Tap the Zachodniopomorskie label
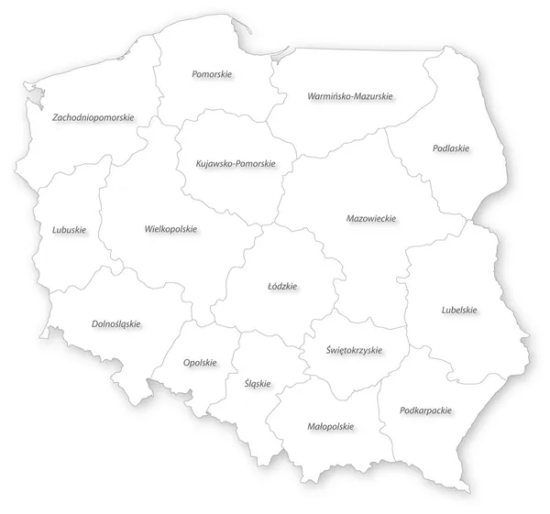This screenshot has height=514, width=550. pos(94,117)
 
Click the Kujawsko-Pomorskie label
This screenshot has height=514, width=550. pos(236,164)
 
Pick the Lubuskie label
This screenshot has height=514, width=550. pos(70,229)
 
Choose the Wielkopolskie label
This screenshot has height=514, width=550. pos(170,229)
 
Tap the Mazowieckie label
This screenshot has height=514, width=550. pos(371,220)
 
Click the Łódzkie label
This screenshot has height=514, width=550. pos(281,287)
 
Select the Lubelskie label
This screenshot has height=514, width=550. pos(458,310)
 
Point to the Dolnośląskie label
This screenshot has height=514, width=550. pos(115,323)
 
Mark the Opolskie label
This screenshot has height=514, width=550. pos(200,362)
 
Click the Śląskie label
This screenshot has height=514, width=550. pos(258,383)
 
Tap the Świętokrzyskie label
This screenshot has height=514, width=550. pos(354,350)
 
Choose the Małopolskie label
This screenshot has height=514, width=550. pos(330,426)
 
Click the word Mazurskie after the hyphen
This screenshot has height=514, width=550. pos(373,95)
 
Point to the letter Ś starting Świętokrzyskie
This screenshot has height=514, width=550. pos(328,349)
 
